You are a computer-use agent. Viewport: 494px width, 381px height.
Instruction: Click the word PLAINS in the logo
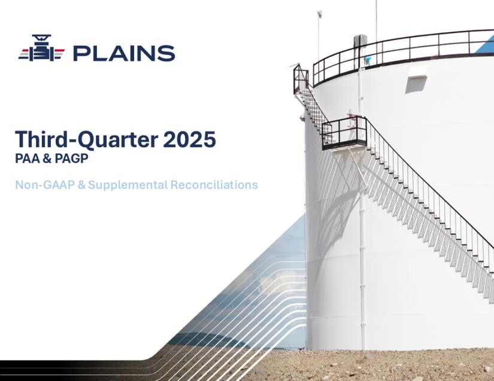124,53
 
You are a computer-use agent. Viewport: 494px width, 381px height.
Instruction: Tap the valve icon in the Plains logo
41,48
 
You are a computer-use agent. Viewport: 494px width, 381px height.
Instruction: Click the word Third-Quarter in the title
86,139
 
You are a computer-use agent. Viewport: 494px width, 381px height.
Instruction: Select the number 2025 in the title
189,139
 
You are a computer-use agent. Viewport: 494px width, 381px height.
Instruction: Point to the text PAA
27,159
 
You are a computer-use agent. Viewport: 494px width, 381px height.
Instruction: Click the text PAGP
71,159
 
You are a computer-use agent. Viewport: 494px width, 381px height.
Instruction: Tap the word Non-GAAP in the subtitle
45,184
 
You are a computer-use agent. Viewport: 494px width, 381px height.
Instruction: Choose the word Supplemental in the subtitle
128,185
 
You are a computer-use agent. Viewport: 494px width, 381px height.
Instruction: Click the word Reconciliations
214,184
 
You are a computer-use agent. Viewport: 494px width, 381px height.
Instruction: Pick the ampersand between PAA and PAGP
47,159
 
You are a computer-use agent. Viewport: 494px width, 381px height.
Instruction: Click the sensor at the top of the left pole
320,14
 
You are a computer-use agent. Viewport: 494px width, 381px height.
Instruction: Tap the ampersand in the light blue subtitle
81,185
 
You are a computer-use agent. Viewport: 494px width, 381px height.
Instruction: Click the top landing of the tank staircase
301,79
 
